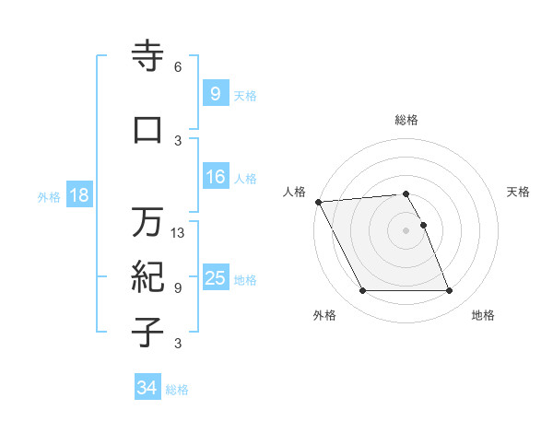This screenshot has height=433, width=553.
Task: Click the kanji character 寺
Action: tap(147, 57)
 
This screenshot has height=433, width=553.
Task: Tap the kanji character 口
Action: tap(147, 130)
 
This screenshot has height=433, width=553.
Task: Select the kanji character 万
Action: tap(147, 222)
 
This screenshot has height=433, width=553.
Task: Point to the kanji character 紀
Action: tap(147, 277)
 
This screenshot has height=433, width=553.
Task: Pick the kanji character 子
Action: tap(147, 333)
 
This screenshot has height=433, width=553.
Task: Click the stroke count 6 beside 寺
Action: tap(178, 67)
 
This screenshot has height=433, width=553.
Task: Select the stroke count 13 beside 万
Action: tap(179, 232)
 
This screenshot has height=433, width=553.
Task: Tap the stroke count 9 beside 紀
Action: tap(178, 287)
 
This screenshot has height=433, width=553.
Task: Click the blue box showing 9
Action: tap(215, 94)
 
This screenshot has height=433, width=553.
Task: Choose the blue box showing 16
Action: tap(215, 177)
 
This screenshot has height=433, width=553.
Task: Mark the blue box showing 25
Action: tap(215, 278)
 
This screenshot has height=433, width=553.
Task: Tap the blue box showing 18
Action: tap(77, 195)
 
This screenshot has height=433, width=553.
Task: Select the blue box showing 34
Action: tap(147, 388)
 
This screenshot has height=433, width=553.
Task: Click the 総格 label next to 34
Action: tap(177, 390)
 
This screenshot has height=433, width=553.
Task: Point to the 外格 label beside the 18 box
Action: tap(49, 196)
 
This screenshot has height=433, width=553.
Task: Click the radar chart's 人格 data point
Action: tap(318, 202)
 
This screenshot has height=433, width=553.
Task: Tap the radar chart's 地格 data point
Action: tap(449, 291)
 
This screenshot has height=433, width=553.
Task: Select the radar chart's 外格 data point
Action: tap(362, 291)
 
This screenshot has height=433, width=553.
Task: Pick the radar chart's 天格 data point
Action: tap(423, 225)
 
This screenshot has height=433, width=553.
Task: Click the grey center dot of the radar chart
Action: tap(406, 230)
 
